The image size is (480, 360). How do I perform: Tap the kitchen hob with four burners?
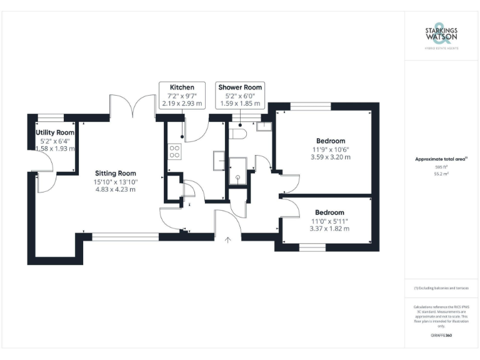coord(175,151)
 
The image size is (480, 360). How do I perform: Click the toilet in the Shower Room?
coord(239,134)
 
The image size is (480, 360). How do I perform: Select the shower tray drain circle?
coord(237,177)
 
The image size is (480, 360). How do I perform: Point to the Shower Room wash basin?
coord(263,126)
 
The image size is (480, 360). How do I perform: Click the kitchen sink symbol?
coord(219,160)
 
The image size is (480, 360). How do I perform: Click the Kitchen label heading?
coord(182,87)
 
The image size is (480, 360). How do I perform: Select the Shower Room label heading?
coord(239,87)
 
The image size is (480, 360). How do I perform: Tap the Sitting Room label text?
coord(115,173)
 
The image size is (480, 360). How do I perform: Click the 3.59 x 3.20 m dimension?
coord(330,157)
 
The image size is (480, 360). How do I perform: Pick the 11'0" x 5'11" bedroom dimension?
coord(329,221)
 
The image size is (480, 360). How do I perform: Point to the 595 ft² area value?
coord(441,167)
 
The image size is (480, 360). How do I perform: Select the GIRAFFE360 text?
coord(441,336)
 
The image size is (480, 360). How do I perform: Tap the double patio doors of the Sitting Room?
coord(132,106)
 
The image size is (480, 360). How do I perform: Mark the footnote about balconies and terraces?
coord(441,288)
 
